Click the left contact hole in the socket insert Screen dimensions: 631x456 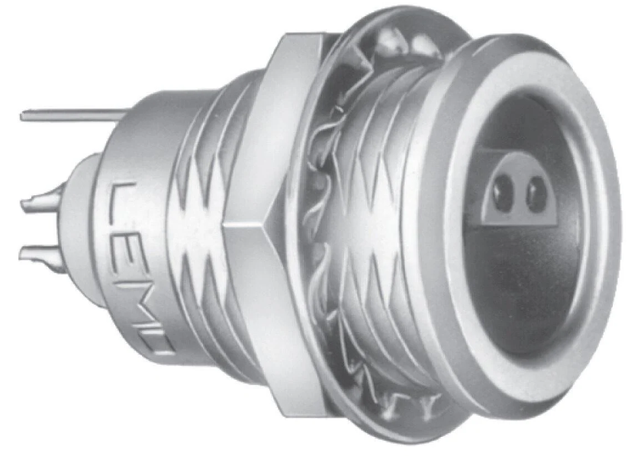(503, 190)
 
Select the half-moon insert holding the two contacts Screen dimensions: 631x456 (519, 193)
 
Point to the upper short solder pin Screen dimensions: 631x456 (40, 201)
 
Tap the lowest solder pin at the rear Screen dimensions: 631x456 (38, 254)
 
